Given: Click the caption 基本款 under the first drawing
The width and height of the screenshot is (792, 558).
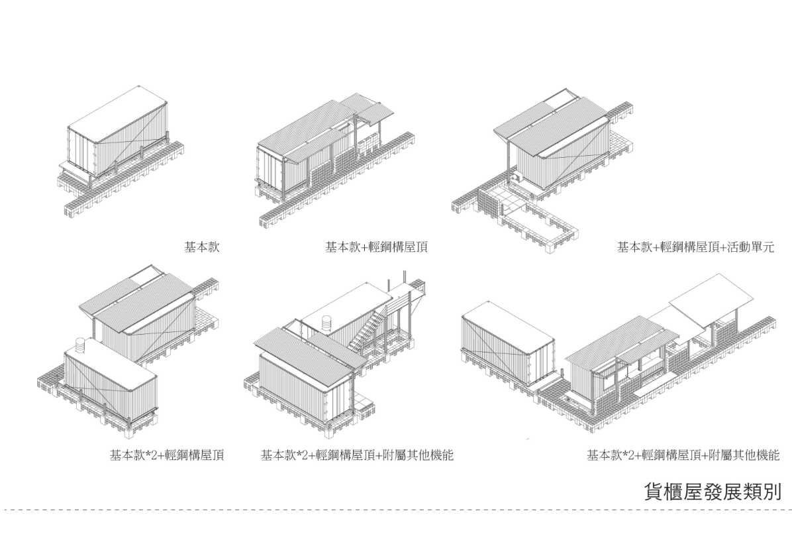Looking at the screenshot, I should click(x=201, y=248).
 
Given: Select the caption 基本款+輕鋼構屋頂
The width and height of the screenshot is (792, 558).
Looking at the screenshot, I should click(x=376, y=248).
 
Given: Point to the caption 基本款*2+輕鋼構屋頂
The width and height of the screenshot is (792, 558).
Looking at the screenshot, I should click(x=166, y=455).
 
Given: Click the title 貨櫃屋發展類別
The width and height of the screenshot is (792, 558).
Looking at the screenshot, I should click(x=713, y=492).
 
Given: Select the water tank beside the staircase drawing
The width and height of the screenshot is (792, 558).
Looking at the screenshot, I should click(x=327, y=324).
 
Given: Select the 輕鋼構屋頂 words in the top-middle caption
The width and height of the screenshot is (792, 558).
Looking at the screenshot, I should click(x=396, y=248).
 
